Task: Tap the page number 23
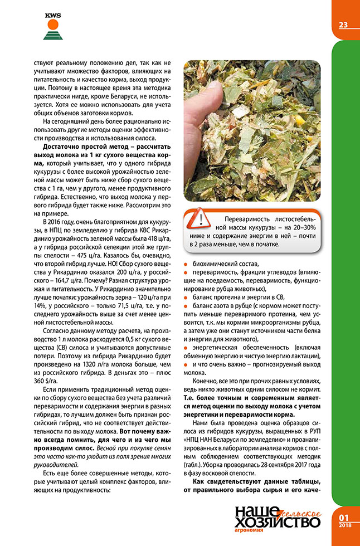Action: tap(343, 24)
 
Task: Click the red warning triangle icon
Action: tap(194, 218)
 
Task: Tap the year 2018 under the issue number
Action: tap(344, 524)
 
